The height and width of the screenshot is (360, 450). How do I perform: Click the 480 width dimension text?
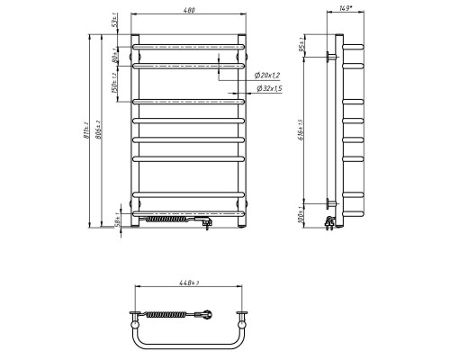pos(188,10)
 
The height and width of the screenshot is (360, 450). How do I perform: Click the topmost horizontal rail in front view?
pos(188,46)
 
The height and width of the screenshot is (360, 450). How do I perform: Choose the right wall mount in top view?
pos(243,314)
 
